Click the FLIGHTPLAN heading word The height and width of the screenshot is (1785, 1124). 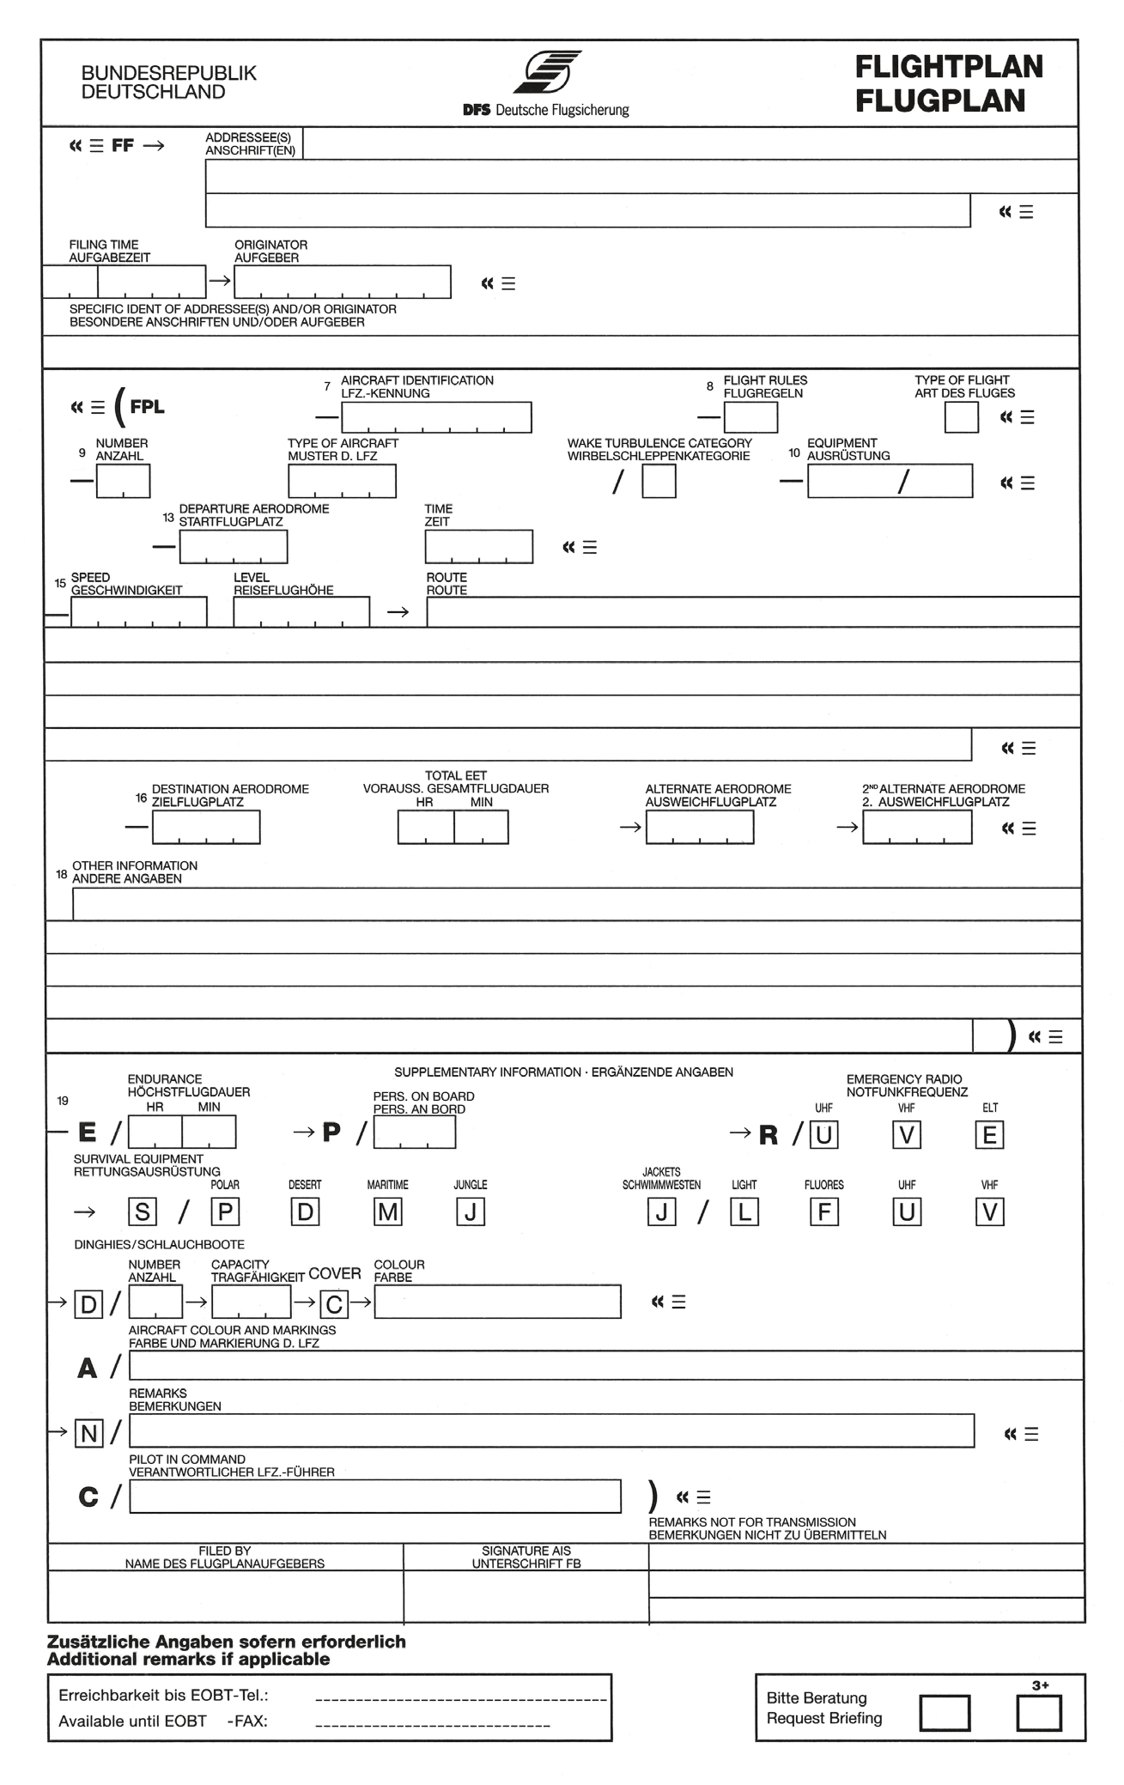click(x=949, y=67)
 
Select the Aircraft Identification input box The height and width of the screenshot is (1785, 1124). click(x=436, y=417)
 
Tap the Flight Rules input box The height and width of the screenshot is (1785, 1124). click(x=750, y=417)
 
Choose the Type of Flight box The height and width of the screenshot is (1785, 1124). click(x=961, y=417)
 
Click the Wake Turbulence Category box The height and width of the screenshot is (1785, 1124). click(x=659, y=482)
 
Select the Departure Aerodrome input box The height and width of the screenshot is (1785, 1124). click(x=234, y=547)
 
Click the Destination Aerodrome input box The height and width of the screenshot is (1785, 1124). click(x=206, y=828)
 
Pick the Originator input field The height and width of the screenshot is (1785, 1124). click(x=342, y=282)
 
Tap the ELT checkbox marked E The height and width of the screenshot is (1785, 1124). click(x=989, y=1135)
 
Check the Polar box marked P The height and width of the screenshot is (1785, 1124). click(x=225, y=1211)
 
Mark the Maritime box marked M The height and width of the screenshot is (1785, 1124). click(x=388, y=1211)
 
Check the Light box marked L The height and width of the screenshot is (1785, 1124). click(x=744, y=1211)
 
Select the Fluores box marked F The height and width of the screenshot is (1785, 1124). click(x=824, y=1211)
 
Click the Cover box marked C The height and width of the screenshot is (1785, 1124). click(x=334, y=1305)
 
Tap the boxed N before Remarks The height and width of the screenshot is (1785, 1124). click(x=89, y=1433)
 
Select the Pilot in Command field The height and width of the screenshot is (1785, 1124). click(x=375, y=1497)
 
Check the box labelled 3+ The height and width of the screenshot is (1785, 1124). click(x=1038, y=1714)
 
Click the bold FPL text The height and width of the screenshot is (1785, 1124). click(x=147, y=407)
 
